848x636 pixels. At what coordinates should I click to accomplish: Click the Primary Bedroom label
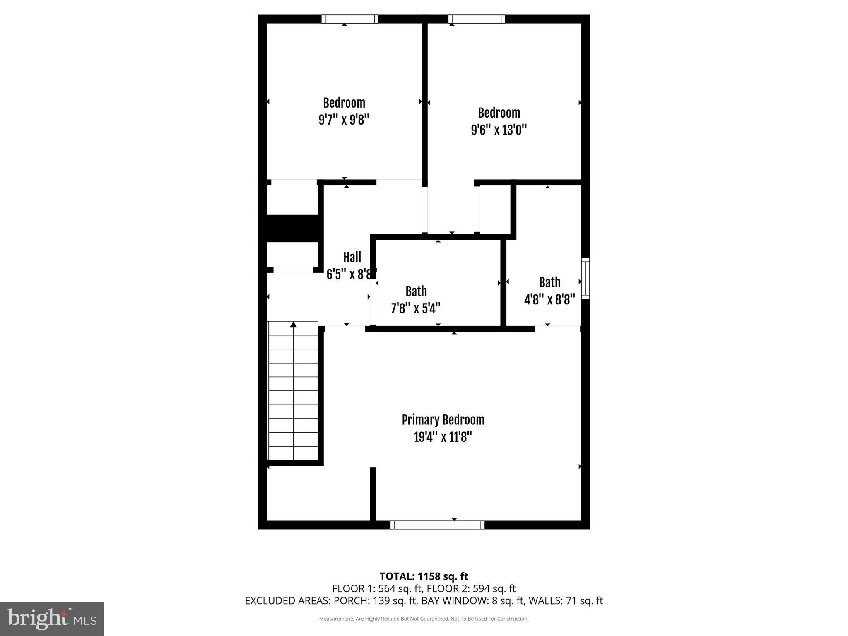pos(443,420)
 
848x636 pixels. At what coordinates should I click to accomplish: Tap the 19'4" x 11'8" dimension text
pos(443,437)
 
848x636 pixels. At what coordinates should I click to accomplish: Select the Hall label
pos(352,257)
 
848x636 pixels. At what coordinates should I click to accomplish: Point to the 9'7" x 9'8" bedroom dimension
pos(344,120)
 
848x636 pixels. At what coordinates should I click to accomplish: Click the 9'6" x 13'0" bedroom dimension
pos(499,130)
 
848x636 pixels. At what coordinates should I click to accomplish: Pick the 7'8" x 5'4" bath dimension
pos(416,308)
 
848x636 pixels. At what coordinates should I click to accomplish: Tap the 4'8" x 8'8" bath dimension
pos(549,299)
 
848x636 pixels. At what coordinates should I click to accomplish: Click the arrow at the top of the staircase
pos(294,324)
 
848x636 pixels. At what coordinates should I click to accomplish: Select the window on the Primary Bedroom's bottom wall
pos(437,525)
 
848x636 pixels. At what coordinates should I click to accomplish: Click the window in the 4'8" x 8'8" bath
pos(585,278)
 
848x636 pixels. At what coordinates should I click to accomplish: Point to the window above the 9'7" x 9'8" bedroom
pos(350,19)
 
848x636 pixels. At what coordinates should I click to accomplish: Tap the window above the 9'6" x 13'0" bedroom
pos(477,19)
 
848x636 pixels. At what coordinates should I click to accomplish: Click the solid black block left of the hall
pos(292,228)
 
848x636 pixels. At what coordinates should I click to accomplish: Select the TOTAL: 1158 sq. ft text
pos(424,576)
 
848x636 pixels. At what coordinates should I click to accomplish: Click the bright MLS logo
pos(52,619)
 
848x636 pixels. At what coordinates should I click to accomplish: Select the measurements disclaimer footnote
pos(424,619)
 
